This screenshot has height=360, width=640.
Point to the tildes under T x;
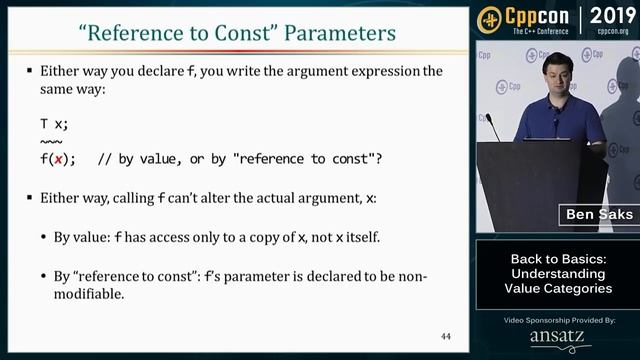click(50, 141)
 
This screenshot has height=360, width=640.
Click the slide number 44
click(446, 337)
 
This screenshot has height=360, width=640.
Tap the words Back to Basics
click(557, 258)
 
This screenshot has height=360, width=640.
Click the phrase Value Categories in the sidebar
click(557, 288)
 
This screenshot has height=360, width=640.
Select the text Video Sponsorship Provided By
click(557, 320)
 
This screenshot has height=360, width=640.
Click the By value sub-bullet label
click(91, 237)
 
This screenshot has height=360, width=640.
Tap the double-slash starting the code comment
click(104, 159)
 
